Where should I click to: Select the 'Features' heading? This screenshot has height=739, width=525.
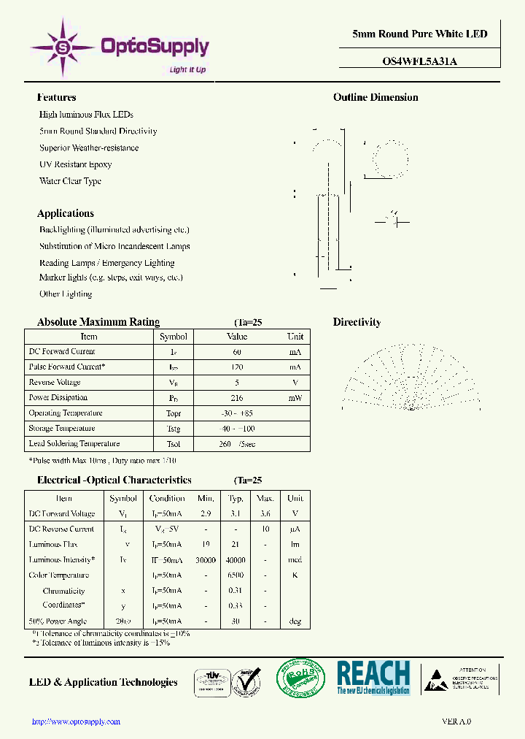pos(56,97)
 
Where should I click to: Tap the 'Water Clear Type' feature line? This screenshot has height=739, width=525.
pos(70,181)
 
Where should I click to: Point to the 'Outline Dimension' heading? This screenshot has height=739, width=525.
pos(376,97)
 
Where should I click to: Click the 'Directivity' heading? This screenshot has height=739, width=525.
pos(357,322)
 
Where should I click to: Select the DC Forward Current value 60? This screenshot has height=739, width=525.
pos(237,352)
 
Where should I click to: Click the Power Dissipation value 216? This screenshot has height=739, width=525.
pos(237,398)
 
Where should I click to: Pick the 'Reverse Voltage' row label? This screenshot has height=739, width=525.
pos(55,383)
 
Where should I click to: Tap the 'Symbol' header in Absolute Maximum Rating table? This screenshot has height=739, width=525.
pos(174,337)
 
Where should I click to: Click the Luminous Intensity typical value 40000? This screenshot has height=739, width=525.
pos(236,560)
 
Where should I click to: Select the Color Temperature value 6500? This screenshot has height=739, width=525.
pos(236,575)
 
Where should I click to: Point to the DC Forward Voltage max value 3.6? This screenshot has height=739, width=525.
pos(265,514)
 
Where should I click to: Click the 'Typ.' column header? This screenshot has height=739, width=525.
pos(236,499)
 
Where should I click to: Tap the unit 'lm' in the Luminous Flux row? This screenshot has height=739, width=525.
pos(295,545)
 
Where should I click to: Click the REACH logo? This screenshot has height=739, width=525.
pos(373,677)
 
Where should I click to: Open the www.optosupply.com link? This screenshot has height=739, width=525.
pos(77,721)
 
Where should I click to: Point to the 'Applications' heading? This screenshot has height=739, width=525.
pos(66,213)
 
